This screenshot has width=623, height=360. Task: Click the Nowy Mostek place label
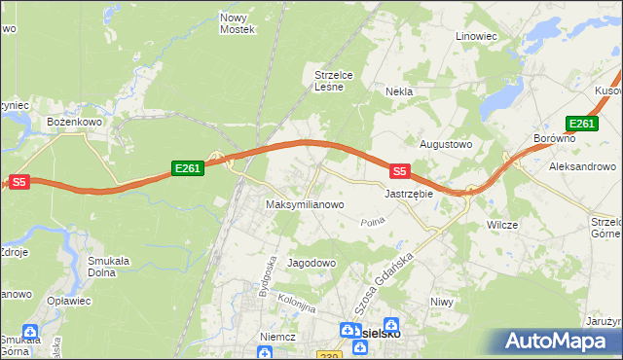coord(238,23)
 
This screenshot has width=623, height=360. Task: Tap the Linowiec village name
coord(477,36)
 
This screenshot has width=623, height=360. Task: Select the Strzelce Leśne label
coord(339,80)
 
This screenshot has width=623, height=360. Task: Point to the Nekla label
coord(399,91)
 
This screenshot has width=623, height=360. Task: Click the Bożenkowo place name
coord(69,122)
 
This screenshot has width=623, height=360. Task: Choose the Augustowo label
coord(445,144)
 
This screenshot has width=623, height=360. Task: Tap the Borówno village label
coord(555,139)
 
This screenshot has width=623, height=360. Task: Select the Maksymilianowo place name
coord(305,205)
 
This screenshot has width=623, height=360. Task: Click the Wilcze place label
coord(501,225)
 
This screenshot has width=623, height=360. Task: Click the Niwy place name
coord(442,302)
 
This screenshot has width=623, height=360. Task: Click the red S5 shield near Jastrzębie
coord(399,171)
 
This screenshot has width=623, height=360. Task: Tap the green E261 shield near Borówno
coord(581,124)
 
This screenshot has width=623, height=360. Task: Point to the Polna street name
coord(374,223)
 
